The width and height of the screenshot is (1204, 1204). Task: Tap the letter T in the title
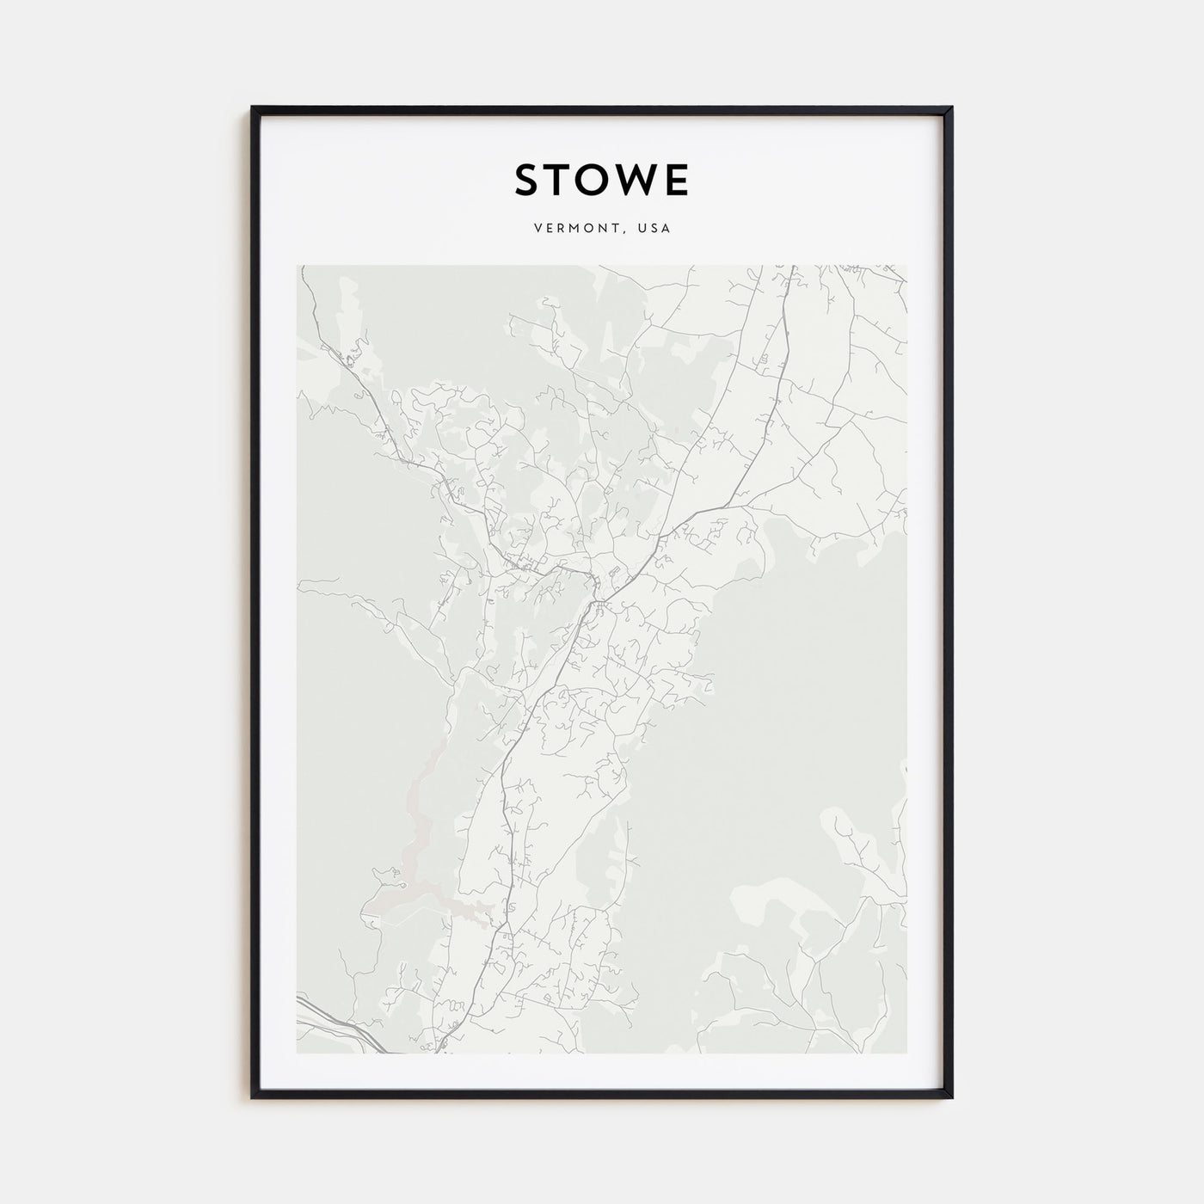tap(562, 180)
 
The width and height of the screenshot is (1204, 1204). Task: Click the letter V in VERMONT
tap(537, 229)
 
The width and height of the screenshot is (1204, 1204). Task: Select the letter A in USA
tap(666, 229)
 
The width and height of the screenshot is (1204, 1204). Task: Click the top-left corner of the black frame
tap(252, 107)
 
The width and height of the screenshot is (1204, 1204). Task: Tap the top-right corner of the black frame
tap(952, 107)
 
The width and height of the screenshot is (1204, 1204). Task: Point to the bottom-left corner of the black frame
tap(252, 1098)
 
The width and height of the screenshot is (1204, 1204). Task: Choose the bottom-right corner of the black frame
tap(952, 1098)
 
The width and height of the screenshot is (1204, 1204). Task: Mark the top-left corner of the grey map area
tap(298, 265)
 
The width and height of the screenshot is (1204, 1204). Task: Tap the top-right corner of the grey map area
tap(906, 265)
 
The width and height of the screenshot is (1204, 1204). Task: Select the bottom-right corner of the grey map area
tap(906, 1053)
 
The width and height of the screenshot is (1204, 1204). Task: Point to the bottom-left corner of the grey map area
tap(298, 1053)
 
